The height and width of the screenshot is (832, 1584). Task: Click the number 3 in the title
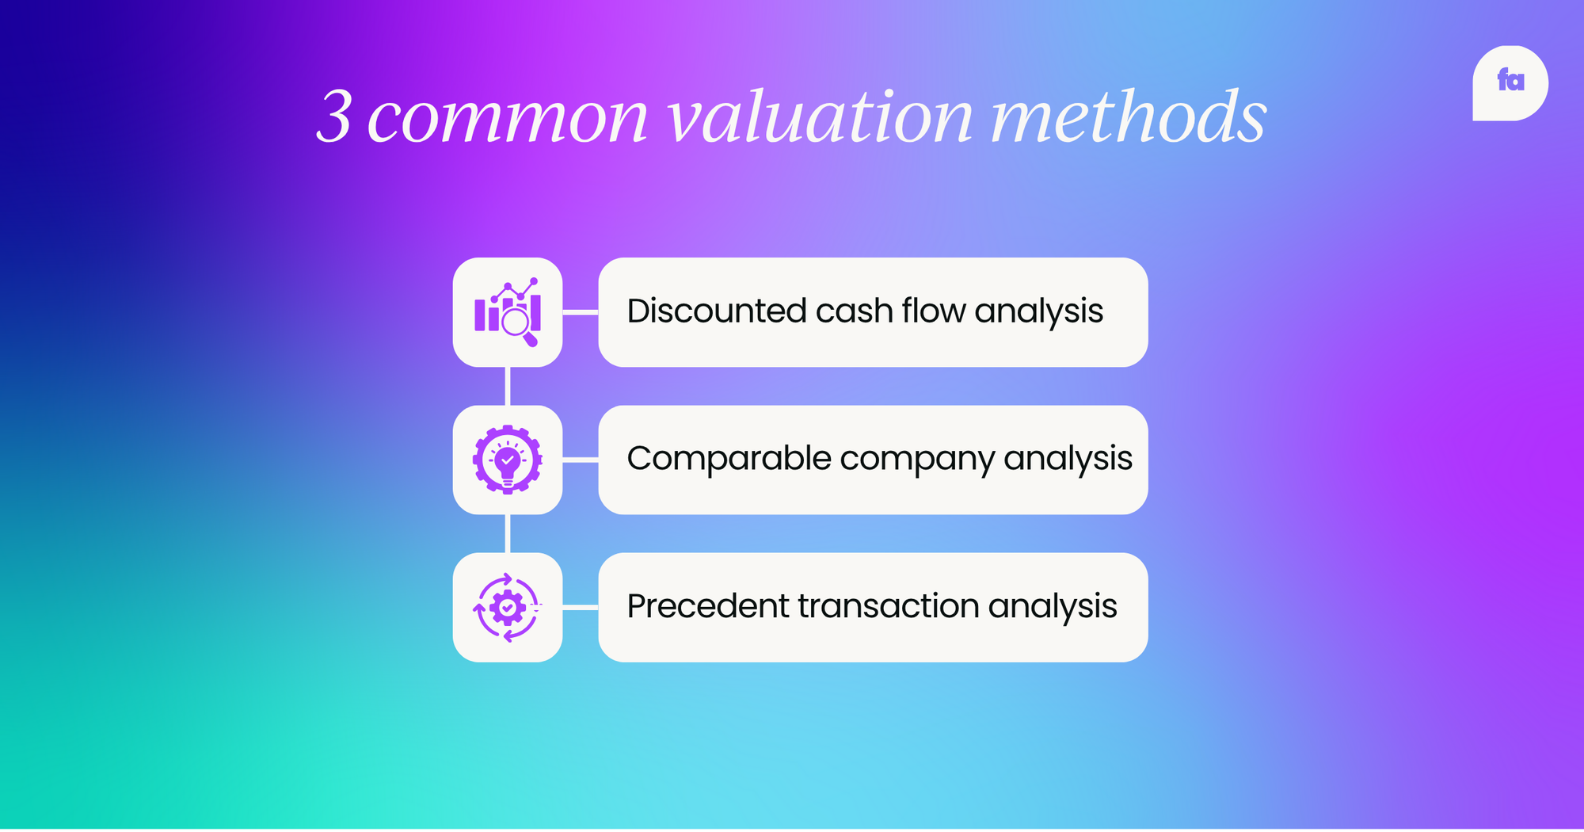pos(334,117)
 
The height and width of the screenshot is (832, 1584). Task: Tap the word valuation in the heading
pos(821,117)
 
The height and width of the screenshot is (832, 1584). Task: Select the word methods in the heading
pos(1129,117)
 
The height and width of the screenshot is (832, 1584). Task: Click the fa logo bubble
pos(1510,83)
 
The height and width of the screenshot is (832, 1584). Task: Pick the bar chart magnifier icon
pos(508,312)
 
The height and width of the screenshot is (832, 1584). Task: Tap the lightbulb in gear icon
pos(508,460)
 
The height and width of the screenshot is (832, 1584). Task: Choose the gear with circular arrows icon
pos(508,607)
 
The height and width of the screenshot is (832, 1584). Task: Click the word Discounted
pos(716,311)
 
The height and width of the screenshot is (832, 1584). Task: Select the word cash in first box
pos(854,311)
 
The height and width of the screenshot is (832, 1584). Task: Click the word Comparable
pos(729,459)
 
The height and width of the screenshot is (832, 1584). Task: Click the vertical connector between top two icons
pos(508,386)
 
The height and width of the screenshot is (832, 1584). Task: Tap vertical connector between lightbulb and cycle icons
pos(508,533)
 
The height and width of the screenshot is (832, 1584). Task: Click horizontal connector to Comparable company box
pos(581,460)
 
